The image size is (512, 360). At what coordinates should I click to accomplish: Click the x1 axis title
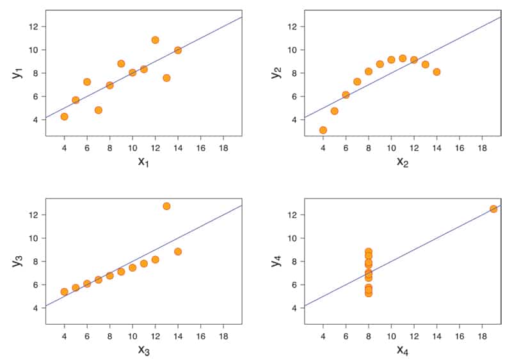coord(143,161)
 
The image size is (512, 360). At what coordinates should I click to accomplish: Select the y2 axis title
coord(275,72)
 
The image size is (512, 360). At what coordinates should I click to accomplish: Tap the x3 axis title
coord(143,350)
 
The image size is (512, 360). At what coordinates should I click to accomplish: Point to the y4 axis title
coord(275,261)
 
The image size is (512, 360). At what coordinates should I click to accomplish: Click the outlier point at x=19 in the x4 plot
coord(493,209)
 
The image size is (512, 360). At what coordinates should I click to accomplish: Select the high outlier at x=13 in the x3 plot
coord(166,206)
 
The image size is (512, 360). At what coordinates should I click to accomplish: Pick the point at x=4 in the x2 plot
coord(323,130)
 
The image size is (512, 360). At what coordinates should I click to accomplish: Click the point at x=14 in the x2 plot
coord(436,72)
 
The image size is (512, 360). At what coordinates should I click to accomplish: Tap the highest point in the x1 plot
coord(155,40)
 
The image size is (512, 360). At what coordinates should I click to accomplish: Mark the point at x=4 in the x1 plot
coord(64,117)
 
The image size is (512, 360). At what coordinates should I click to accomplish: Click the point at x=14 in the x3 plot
coord(178,252)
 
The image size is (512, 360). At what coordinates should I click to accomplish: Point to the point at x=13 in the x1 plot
coord(166,78)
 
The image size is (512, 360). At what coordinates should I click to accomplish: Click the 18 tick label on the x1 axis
coord(223,147)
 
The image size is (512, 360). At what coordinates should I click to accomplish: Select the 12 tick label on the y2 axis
coord(292,26)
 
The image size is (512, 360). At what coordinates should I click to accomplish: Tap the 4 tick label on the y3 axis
coord(35,308)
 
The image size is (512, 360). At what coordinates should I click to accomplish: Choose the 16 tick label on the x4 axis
coord(459,335)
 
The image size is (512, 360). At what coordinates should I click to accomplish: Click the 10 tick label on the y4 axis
coord(292,238)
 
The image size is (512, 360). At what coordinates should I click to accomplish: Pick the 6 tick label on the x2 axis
coord(346,147)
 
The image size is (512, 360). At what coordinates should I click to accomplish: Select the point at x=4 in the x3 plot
coord(64,291)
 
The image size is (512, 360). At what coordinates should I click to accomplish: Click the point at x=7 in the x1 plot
coord(99,110)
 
